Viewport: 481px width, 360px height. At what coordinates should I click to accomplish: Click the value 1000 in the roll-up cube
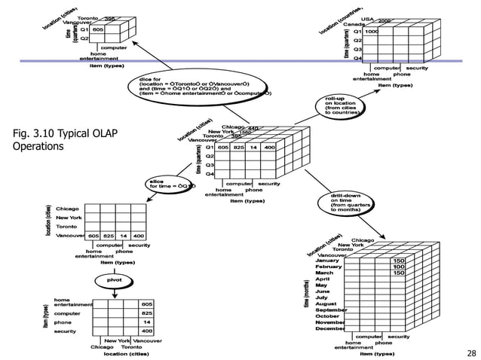pyautogui.click(x=372, y=32)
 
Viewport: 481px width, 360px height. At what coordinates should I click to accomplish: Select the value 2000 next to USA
pyautogui.click(x=384, y=21)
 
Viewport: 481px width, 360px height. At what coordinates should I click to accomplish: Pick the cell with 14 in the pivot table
pyautogui.click(x=146, y=322)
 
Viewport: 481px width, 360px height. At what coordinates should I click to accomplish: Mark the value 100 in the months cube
pyautogui.click(x=399, y=267)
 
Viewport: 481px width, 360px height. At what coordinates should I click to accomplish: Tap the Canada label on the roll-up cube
pyautogui.click(x=354, y=24)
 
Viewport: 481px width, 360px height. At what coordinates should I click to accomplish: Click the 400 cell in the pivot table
pyautogui.click(x=146, y=331)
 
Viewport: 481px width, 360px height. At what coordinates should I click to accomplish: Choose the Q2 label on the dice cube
pyautogui.click(x=84, y=38)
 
